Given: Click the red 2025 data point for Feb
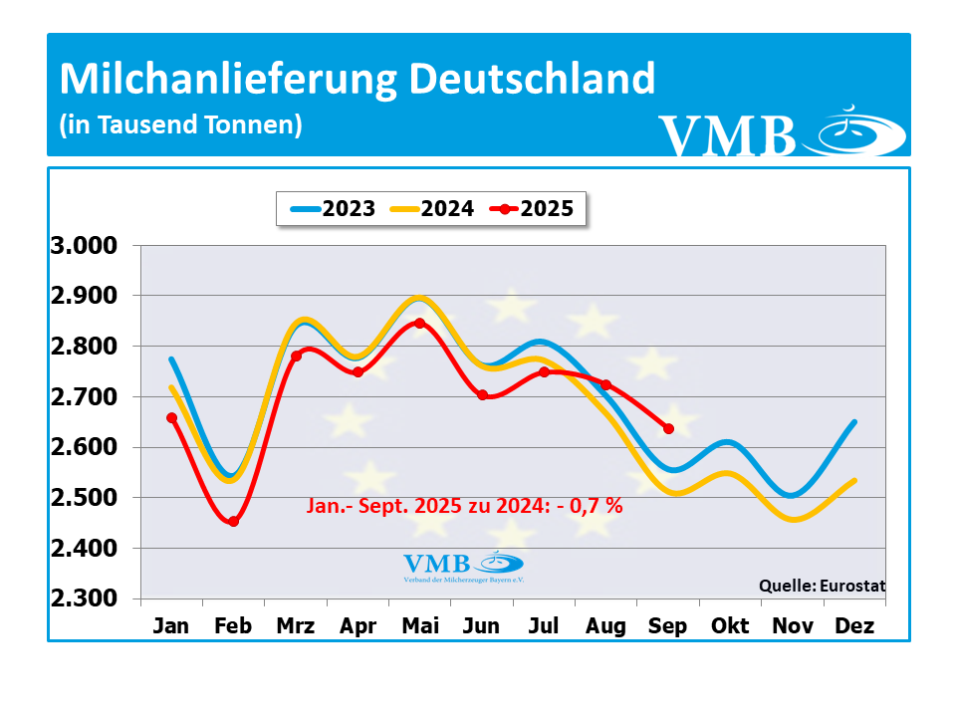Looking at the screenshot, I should [x=234, y=521].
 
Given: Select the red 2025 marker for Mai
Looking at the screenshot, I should [x=419, y=323].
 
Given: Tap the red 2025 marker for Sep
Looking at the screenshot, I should [x=668, y=428].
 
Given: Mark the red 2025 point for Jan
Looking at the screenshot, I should [x=172, y=418].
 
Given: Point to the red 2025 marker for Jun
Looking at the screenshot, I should [x=483, y=395].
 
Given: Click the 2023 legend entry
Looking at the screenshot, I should [x=333, y=209].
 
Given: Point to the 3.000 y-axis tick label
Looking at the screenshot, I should [x=84, y=246].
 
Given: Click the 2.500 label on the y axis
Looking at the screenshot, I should [x=84, y=498].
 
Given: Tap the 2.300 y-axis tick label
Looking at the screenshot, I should [x=84, y=598].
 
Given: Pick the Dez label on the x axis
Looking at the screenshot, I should [x=855, y=626].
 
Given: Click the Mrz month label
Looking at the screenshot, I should [x=296, y=626].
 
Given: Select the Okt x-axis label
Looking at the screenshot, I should [x=730, y=626].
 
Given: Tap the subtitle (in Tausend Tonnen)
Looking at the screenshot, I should [x=180, y=125].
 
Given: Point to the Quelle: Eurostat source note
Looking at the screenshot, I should [x=822, y=586].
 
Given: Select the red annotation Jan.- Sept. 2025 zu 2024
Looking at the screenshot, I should [x=463, y=506].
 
